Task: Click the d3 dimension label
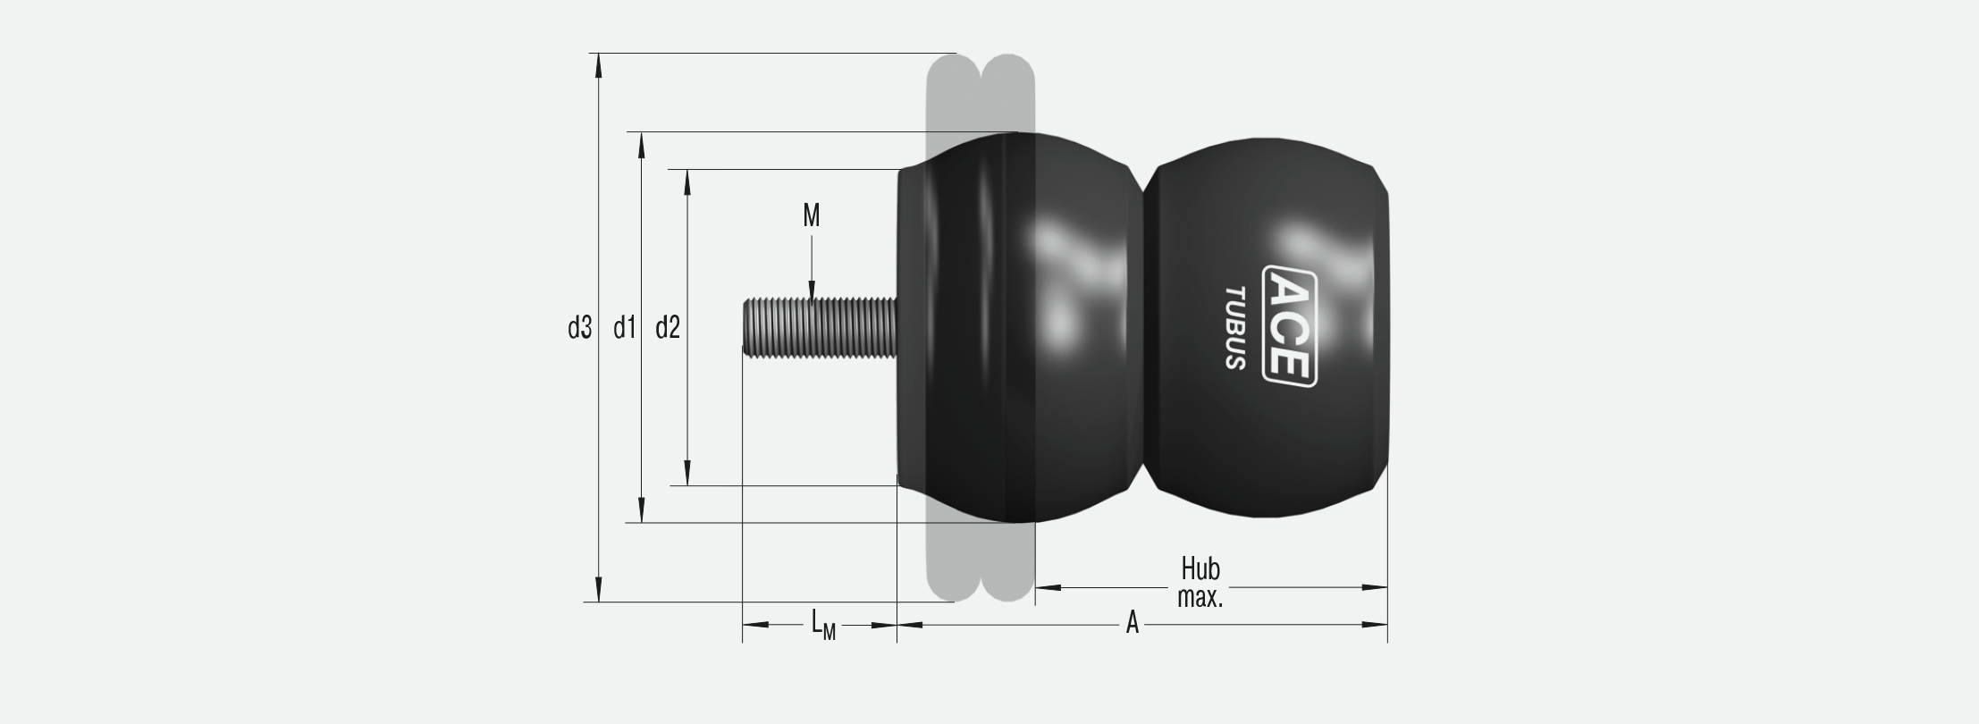click(x=580, y=329)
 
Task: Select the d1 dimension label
click(x=624, y=329)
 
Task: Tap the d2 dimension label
click(x=668, y=329)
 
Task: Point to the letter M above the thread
click(x=812, y=215)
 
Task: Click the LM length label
click(x=823, y=624)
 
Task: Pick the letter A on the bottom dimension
click(x=1133, y=623)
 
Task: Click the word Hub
click(x=1200, y=568)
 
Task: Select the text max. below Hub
click(x=1200, y=598)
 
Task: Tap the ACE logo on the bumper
click(x=1290, y=326)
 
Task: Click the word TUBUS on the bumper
click(x=1235, y=328)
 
